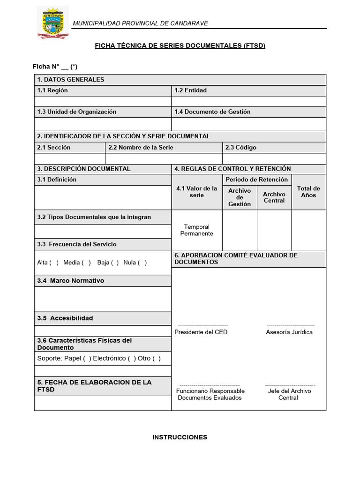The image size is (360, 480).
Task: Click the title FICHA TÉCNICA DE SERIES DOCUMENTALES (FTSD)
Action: (180, 45)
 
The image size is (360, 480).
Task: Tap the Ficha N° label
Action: (47, 67)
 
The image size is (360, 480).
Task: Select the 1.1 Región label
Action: (52, 90)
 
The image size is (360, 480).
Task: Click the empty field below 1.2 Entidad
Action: (248, 101)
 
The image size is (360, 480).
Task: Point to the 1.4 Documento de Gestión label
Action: (212, 112)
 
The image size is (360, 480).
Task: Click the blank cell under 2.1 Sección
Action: (70, 158)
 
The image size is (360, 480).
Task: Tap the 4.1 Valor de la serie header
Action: (197, 192)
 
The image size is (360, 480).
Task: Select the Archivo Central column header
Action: (274, 197)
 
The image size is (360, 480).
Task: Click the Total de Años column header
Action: (308, 192)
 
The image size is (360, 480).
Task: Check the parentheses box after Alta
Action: (54, 262)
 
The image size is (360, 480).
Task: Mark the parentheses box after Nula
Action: (142, 262)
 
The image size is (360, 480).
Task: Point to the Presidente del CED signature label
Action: (201, 332)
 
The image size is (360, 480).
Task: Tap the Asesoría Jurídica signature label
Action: (289, 332)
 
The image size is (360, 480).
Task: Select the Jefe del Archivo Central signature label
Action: (288, 394)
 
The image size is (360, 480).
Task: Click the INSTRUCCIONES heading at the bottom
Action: (180, 437)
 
